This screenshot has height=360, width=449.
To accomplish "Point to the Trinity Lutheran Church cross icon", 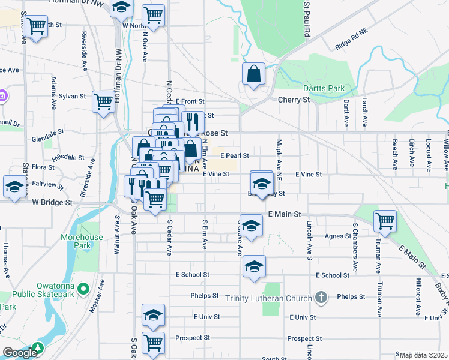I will tap(321, 298).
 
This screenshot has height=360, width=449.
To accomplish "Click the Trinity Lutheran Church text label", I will tap(269, 298).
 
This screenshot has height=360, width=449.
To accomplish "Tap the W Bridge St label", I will tap(52, 203).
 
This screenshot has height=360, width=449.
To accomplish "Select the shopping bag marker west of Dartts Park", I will tap(254, 74).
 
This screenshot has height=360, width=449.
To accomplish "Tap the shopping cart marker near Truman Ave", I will tap(385, 221).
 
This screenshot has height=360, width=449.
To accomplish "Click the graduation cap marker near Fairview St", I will tap(14, 186).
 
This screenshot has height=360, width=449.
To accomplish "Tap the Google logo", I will tap(19, 353).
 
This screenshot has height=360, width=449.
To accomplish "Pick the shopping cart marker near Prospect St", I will tap(153, 342).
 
